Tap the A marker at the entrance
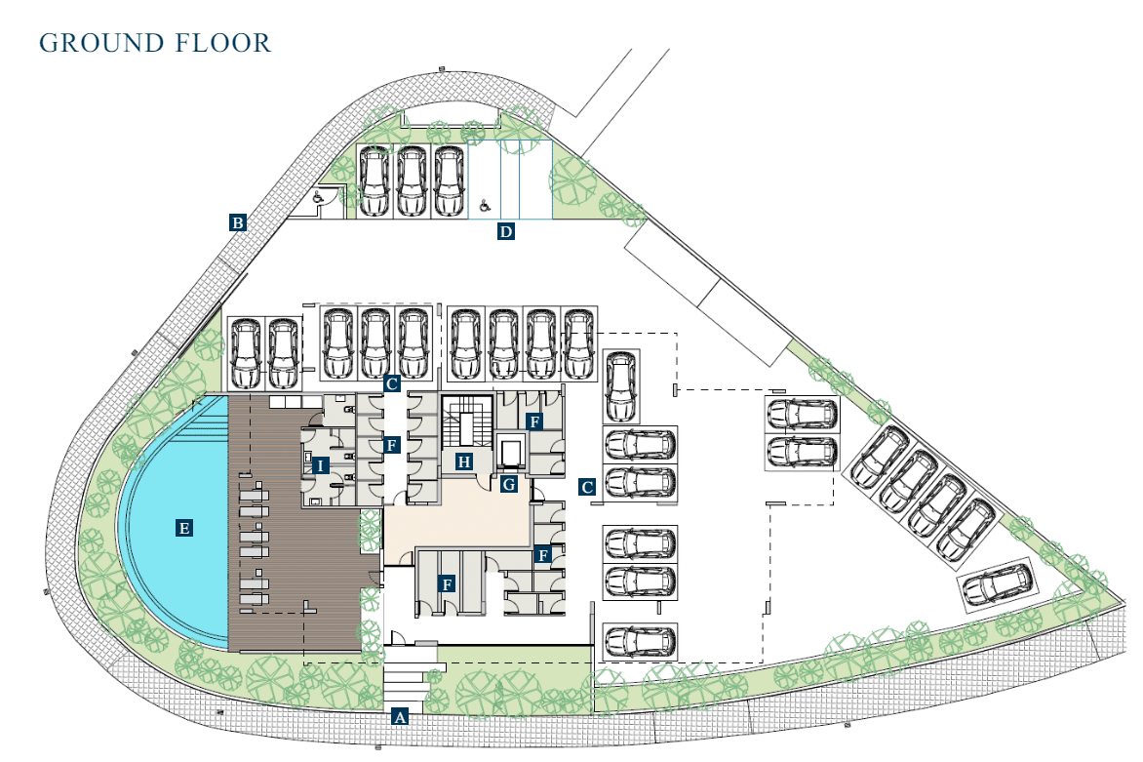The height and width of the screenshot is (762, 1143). pyautogui.click(x=399, y=717)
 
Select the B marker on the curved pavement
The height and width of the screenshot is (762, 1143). pyautogui.click(x=237, y=222)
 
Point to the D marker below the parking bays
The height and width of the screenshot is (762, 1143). pyautogui.click(x=506, y=232)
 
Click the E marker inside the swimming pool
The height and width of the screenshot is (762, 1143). pyautogui.click(x=183, y=528)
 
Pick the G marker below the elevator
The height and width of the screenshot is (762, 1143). pyautogui.click(x=509, y=484)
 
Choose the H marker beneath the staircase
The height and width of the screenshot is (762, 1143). pyautogui.click(x=463, y=461)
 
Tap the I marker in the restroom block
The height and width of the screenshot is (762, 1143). pyautogui.click(x=320, y=466)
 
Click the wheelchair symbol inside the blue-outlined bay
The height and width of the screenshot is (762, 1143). pyautogui.click(x=485, y=207)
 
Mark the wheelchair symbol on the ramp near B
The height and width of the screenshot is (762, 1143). pyautogui.click(x=318, y=196)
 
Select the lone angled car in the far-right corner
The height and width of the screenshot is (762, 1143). pyautogui.click(x=997, y=584)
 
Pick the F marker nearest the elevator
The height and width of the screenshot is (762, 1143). pyautogui.click(x=534, y=421)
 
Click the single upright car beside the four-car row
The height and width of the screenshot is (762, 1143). pyautogui.click(x=620, y=386)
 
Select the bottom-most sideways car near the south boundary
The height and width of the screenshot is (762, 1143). pyautogui.click(x=640, y=642)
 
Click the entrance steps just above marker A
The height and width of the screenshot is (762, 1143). pyautogui.click(x=406, y=682)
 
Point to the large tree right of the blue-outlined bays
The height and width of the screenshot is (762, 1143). pyautogui.click(x=572, y=180)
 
